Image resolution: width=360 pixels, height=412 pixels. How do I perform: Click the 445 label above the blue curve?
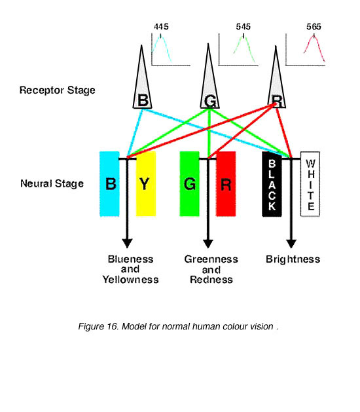161,27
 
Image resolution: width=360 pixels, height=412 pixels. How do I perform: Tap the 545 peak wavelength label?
243,27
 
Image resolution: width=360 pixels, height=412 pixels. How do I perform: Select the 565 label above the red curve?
314,27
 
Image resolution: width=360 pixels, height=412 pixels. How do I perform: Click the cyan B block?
109,184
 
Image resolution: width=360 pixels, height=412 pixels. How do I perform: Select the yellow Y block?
146,184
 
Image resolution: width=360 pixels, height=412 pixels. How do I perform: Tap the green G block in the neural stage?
189,184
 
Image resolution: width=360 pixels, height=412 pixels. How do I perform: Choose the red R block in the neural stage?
226,184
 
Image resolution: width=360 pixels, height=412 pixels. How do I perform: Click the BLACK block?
272,184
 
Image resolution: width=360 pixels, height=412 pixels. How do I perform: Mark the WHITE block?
310,184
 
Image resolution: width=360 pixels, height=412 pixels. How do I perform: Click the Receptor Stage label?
57,90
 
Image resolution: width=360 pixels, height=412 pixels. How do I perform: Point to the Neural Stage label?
52,183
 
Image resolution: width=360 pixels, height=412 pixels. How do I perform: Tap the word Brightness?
293,259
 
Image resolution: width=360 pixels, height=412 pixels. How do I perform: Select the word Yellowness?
130,280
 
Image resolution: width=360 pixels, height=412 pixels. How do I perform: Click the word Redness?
211,280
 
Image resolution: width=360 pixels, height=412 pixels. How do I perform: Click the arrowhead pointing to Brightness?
291,244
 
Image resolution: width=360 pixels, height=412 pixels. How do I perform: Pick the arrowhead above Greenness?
208,244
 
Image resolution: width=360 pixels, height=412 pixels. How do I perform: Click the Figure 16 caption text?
178,326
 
